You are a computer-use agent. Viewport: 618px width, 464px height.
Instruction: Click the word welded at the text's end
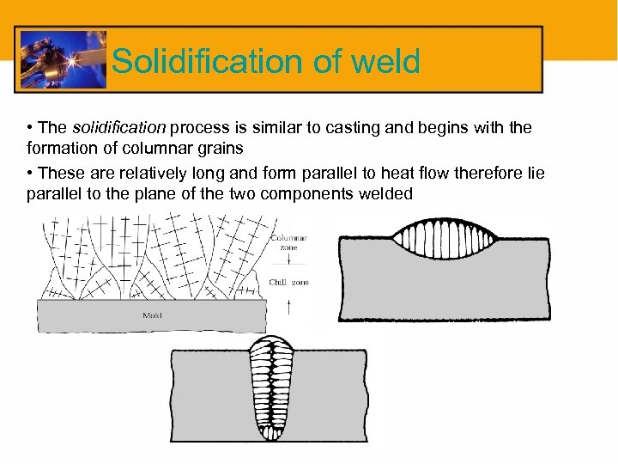384,193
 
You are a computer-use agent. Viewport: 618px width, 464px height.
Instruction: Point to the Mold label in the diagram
151,315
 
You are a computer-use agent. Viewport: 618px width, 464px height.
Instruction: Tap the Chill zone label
289,282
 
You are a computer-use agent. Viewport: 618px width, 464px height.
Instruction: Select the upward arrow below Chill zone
289,303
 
